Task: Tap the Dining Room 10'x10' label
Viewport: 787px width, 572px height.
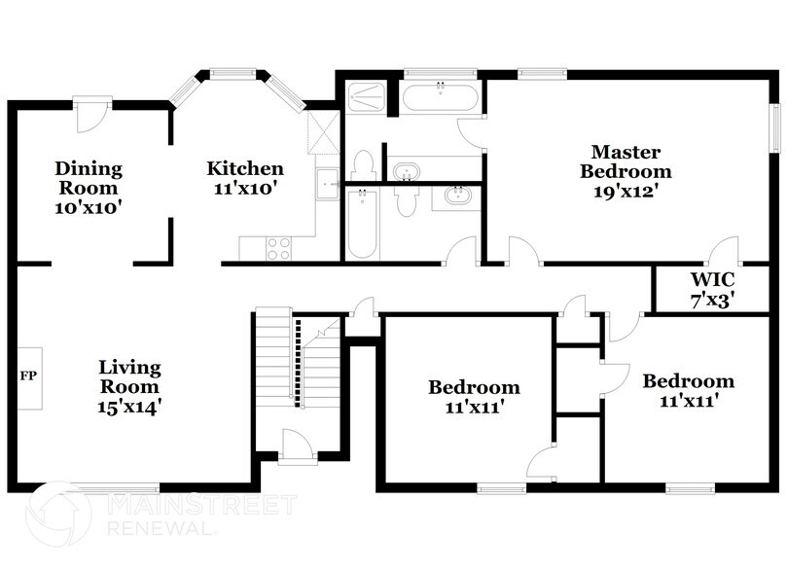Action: point(88,188)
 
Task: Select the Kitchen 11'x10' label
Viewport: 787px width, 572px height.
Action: point(244,179)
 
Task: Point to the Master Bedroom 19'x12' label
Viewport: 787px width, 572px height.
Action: point(626,171)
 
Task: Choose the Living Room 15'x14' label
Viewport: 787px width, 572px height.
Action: point(129,388)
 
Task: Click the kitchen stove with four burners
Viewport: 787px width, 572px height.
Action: point(278,247)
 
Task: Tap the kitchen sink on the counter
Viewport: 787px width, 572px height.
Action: point(328,181)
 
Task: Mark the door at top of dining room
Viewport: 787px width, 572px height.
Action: point(90,117)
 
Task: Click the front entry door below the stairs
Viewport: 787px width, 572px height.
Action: point(296,447)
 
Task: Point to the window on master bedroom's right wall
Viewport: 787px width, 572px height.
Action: point(776,127)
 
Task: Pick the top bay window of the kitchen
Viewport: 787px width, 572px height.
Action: point(233,71)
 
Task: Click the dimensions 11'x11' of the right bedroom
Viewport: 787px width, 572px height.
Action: point(688,400)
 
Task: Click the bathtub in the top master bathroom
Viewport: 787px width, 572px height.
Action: point(441,98)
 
